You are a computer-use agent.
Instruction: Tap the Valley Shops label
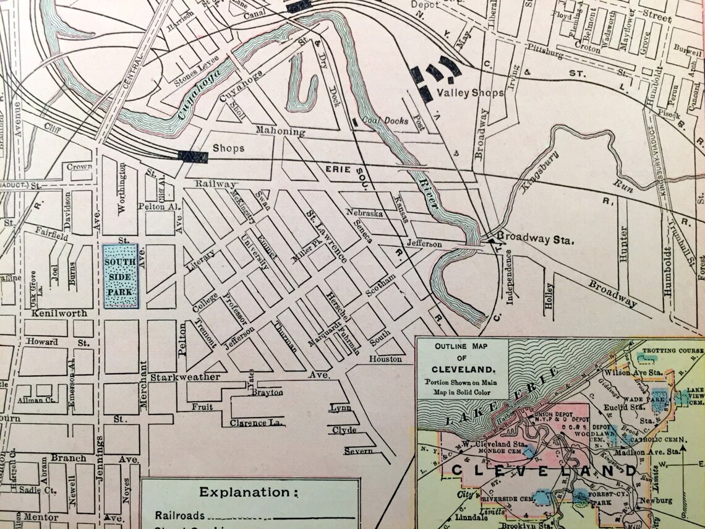click(x=466, y=93)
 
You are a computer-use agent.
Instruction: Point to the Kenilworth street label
click(x=59, y=313)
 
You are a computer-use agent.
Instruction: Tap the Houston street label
click(x=386, y=359)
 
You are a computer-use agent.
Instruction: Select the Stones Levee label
click(x=197, y=79)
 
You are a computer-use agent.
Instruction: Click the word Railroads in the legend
click(x=180, y=515)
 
